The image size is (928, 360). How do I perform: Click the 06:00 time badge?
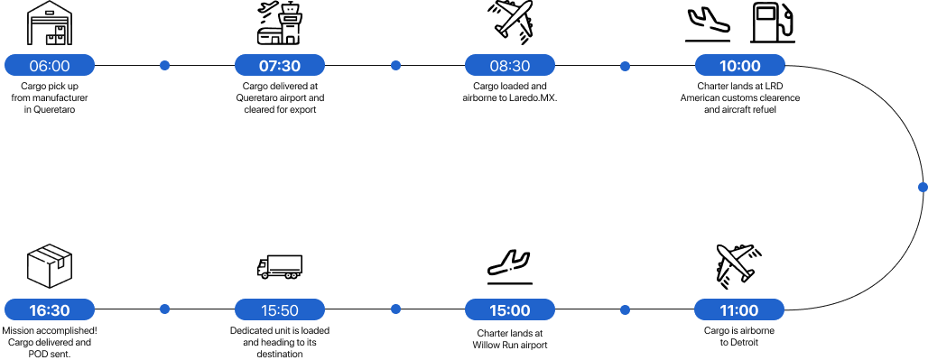tap(50, 65)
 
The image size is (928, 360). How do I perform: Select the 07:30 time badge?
tap(280, 65)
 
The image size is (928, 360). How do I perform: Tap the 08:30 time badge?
tap(510, 65)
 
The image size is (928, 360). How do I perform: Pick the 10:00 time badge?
tap(739, 65)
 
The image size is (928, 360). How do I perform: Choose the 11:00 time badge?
tap(739, 309)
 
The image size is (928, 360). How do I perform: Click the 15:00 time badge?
tap(510, 309)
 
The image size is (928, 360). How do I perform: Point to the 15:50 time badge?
tap(280, 309)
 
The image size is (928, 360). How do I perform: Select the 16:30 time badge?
tap(50, 309)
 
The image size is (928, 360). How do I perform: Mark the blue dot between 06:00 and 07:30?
tap(164, 65)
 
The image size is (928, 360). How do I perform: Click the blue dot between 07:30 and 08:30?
tap(395, 65)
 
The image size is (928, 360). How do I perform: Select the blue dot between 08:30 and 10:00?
tap(625, 66)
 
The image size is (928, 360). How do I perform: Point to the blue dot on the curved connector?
tap(922, 187)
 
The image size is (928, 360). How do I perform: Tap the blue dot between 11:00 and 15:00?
tap(625, 309)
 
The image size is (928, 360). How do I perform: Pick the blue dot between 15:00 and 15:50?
tap(395, 309)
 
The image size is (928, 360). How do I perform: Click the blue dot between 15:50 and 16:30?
tap(164, 309)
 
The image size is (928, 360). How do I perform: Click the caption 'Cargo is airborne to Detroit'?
tap(739, 337)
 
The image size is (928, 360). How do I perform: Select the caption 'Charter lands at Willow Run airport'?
tap(510, 338)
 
